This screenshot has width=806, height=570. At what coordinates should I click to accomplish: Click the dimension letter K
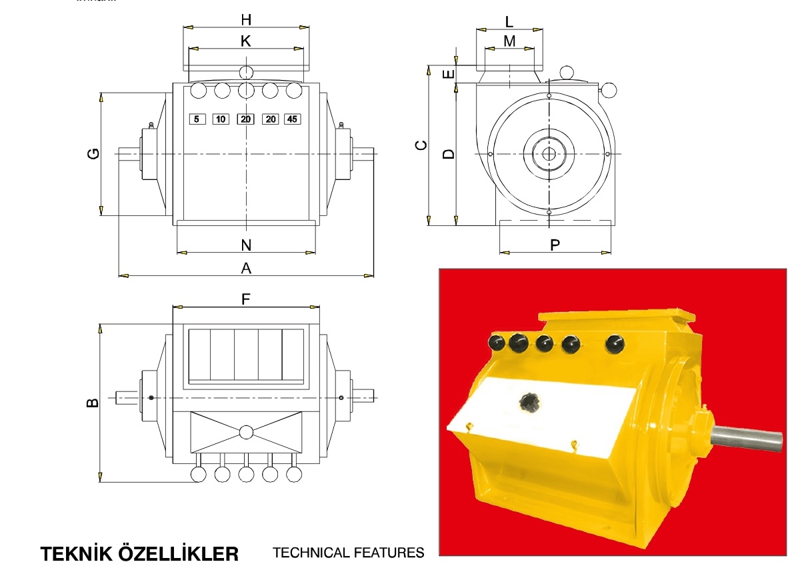point(246,41)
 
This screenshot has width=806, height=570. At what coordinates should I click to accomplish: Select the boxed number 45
point(293,119)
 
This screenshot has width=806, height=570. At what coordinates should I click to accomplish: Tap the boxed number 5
point(197,119)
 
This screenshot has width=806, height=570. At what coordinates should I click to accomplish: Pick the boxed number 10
point(221,119)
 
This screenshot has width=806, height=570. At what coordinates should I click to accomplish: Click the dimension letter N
point(246,245)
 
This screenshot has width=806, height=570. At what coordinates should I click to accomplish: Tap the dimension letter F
point(245,299)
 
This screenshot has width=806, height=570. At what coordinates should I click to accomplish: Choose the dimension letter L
point(509,21)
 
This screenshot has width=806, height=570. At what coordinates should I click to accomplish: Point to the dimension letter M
point(509,41)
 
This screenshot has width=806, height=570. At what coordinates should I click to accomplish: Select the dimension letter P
point(555,245)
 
